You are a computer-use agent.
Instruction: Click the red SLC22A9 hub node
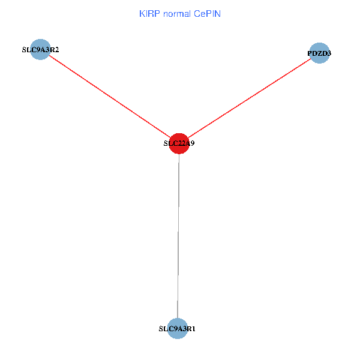tap(179, 143)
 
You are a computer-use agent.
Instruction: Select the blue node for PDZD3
tap(319, 53)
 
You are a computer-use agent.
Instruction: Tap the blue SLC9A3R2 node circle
tap(40, 50)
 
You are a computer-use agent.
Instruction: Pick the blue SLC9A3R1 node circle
tap(177, 329)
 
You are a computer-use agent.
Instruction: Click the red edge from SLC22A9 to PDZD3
tap(249, 98)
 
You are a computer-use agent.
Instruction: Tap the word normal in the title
tap(177, 13)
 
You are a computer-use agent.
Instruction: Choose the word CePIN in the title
tap(207, 13)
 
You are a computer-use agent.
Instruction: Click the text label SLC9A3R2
tap(40, 50)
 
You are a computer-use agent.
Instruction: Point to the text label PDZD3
tap(319, 53)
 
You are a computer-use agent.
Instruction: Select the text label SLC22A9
tap(179, 144)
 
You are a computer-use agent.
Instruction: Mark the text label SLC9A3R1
tap(177, 329)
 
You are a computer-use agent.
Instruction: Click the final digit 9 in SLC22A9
tap(192, 144)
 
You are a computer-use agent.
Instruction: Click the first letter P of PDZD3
tap(310, 53)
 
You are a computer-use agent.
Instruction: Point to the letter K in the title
tap(142, 13)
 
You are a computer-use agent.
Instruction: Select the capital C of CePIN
tap(197, 13)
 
